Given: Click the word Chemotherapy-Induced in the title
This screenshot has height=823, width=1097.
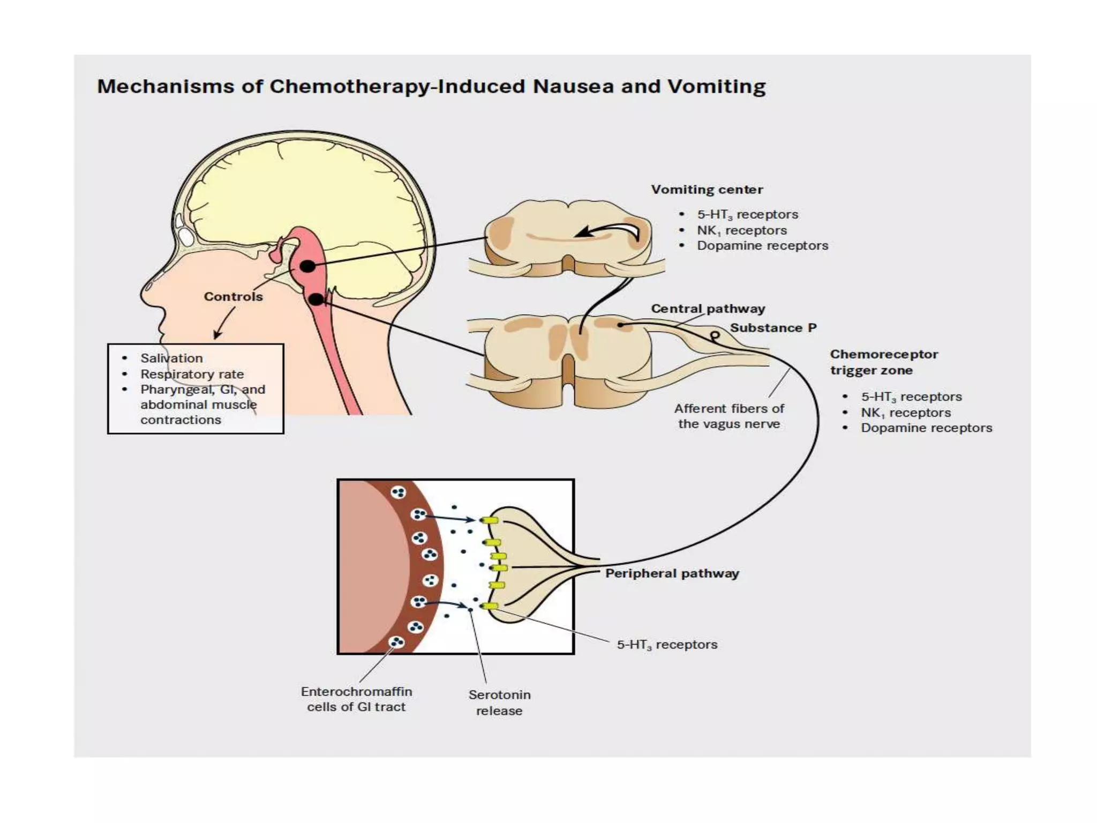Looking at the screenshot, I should pos(397,87).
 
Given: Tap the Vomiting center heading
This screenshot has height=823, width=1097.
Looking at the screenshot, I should pos(707,190).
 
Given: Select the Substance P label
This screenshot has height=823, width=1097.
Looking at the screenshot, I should pos(773,328).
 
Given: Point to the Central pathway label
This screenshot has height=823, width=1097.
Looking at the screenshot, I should pos(708,309).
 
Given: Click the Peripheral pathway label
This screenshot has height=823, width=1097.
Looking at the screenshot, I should pos(672,573).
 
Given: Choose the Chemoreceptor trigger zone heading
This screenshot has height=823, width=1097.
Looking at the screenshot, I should pos(883,362).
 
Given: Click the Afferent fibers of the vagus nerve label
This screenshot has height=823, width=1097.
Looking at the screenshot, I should pos(728,416).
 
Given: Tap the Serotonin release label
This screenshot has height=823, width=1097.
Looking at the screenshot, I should pos(499,702).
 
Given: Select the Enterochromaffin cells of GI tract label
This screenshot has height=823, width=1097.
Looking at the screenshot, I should pos(356,699).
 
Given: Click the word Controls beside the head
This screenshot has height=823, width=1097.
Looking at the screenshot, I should pos(233,297).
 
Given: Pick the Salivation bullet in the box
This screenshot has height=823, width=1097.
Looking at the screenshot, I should pos(171,358).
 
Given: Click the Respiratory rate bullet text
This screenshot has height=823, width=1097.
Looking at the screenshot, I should pos(192,374).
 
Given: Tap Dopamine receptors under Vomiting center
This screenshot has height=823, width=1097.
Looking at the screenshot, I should pos(762,246).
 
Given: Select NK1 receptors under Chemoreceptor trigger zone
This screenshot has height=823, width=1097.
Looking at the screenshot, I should pos(905,413).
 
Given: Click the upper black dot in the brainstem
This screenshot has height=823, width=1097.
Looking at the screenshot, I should pos(307,266).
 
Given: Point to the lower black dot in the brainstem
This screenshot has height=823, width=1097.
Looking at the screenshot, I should pos(317,300).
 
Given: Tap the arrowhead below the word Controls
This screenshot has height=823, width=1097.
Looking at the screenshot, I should pos(217,335).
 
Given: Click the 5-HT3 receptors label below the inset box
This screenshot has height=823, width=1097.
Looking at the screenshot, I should pos(667,645).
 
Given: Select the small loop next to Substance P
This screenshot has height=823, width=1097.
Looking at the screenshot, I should pos(715,336).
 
